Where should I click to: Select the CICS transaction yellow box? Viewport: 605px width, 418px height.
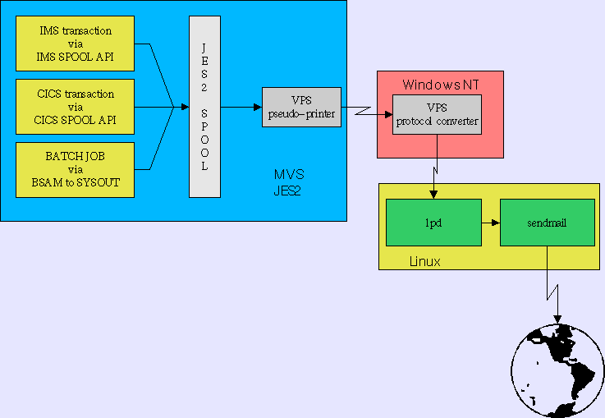point(76,107)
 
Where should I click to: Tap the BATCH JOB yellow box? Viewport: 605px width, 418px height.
point(76,169)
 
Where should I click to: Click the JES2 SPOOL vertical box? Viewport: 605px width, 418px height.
point(204,107)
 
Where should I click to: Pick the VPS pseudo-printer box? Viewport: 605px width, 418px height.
point(301,107)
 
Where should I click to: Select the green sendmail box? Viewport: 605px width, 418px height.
point(547,223)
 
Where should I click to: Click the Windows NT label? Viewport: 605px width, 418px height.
point(440,85)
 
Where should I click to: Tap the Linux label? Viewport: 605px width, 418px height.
point(424,261)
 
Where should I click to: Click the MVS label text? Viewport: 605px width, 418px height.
point(288,175)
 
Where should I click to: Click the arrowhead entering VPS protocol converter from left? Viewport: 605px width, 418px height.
point(387,115)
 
